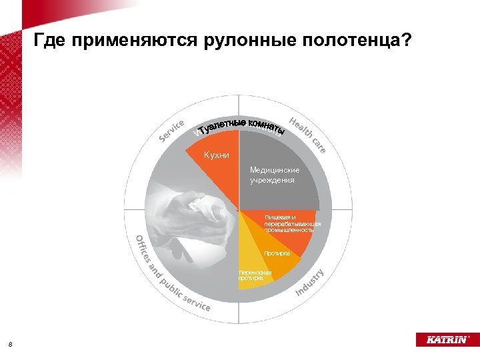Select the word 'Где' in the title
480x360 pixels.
click(x=49, y=41)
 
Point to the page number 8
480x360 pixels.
click(x=11, y=344)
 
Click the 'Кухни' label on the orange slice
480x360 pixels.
click(x=217, y=155)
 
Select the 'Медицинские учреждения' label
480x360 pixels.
click(x=274, y=175)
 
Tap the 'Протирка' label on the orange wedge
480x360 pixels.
click(x=276, y=253)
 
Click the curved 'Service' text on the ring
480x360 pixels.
click(x=171, y=130)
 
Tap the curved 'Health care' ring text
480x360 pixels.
click(x=308, y=133)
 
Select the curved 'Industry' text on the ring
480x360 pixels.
click(x=309, y=282)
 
